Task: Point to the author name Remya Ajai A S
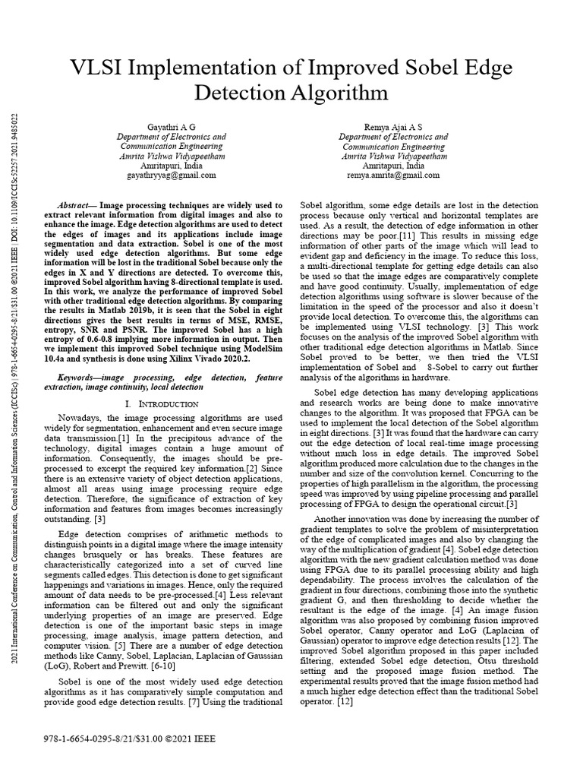[x=393, y=125]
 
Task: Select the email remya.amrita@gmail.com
[x=393, y=175]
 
